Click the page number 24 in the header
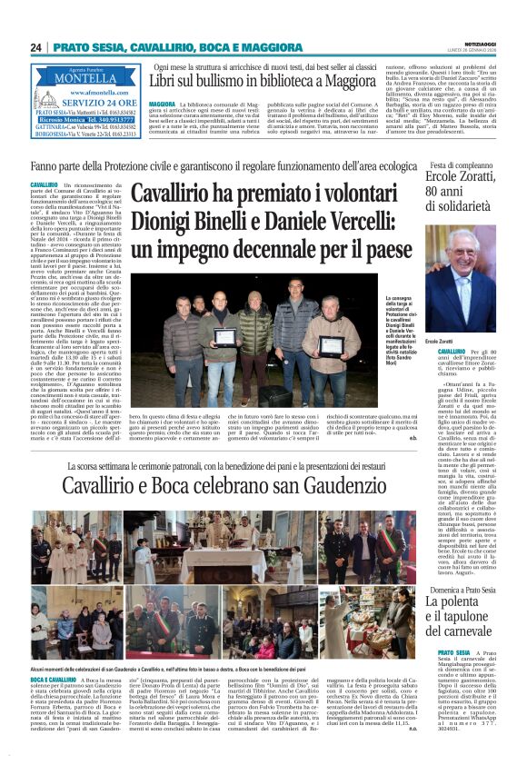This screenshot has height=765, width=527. (x=35, y=47)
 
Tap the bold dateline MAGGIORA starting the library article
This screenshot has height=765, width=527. (x=161, y=105)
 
